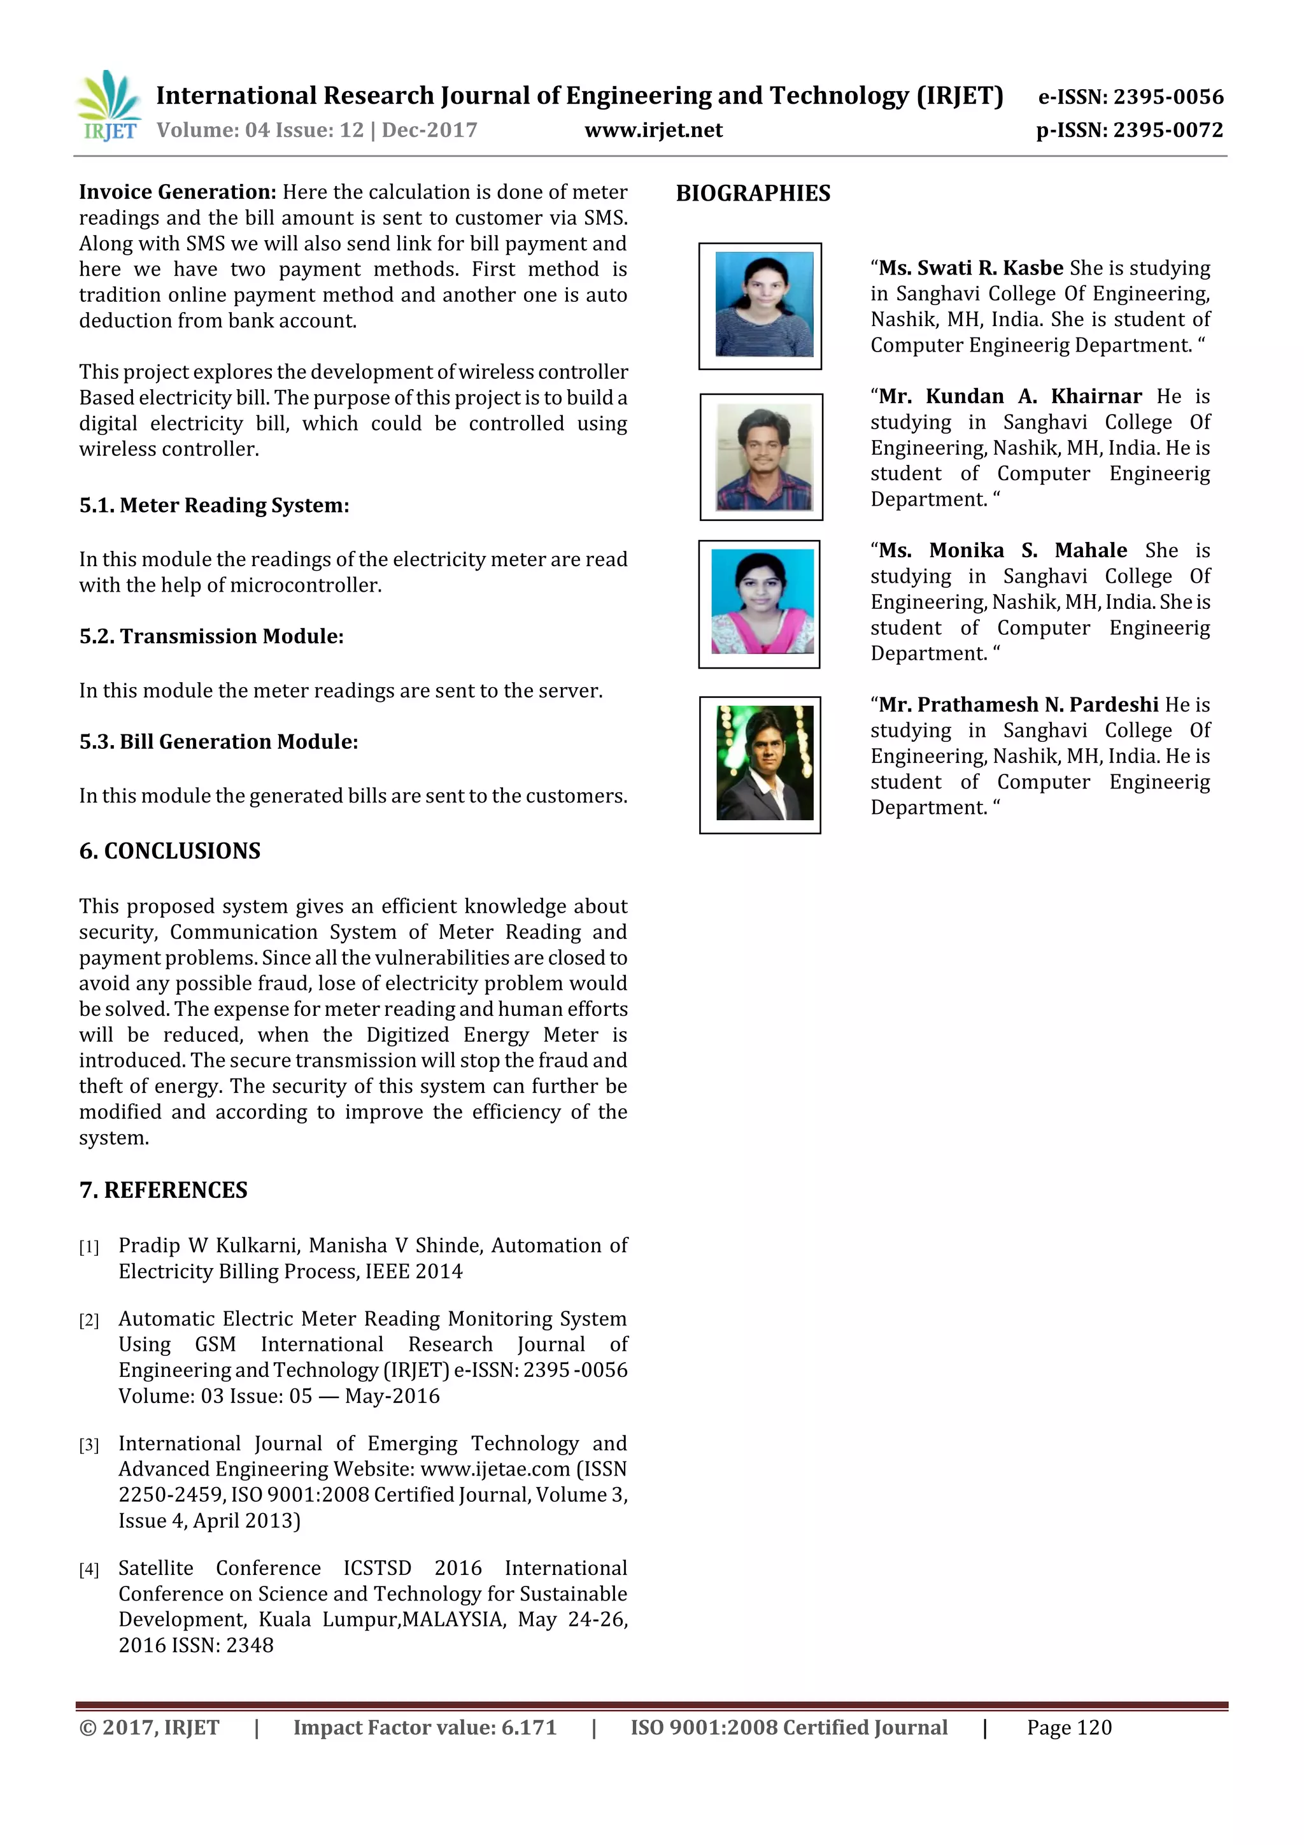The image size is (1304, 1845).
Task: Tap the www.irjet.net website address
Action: tap(653, 130)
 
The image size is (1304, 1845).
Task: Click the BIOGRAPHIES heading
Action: tap(753, 193)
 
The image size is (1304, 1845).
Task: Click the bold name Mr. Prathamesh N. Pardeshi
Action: tap(1017, 705)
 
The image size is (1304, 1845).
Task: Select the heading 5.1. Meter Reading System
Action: tap(214, 506)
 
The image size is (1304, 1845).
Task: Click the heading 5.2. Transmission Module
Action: tap(211, 636)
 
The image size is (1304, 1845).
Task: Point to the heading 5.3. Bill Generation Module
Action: tap(218, 742)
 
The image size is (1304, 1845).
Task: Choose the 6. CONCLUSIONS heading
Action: tap(169, 851)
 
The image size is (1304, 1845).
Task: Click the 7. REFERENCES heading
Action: tap(163, 1190)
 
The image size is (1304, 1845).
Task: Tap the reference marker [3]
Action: tap(89, 1446)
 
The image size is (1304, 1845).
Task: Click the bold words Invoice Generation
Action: tap(178, 192)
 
